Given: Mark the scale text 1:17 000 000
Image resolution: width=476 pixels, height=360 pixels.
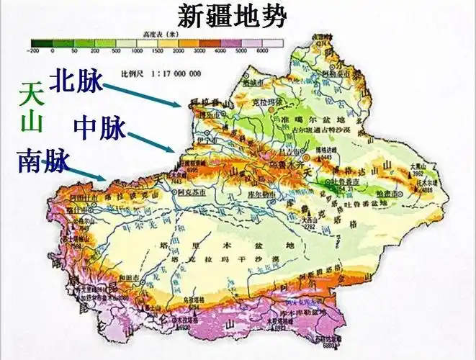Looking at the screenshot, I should [161, 73].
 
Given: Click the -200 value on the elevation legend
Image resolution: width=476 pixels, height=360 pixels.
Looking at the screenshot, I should [32, 53].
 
